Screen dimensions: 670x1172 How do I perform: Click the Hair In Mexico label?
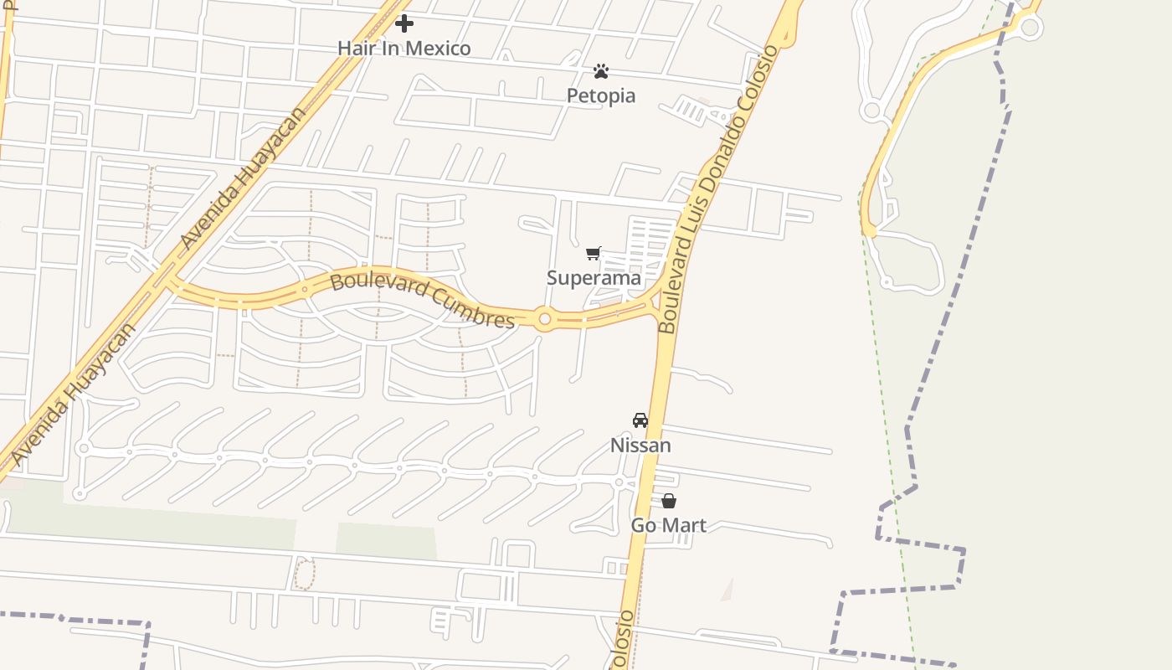(x=404, y=48)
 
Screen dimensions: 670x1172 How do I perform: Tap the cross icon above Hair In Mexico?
(x=404, y=23)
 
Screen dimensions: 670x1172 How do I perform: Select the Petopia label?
(x=601, y=95)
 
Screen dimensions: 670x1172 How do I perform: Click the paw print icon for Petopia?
(x=601, y=71)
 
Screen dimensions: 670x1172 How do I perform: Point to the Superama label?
(x=594, y=277)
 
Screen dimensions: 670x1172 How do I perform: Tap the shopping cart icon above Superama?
(x=594, y=253)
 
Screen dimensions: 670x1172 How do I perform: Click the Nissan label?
(x=640, y=445)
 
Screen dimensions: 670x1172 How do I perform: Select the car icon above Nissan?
(x=640, y=420)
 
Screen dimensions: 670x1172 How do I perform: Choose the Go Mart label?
(x=668, y=525)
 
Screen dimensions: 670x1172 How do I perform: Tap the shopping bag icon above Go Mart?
(x=669, y=501)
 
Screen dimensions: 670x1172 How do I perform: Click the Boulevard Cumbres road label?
(x=422, y=300)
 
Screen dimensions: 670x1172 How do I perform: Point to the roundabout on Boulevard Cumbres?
(x=545, y=319)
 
